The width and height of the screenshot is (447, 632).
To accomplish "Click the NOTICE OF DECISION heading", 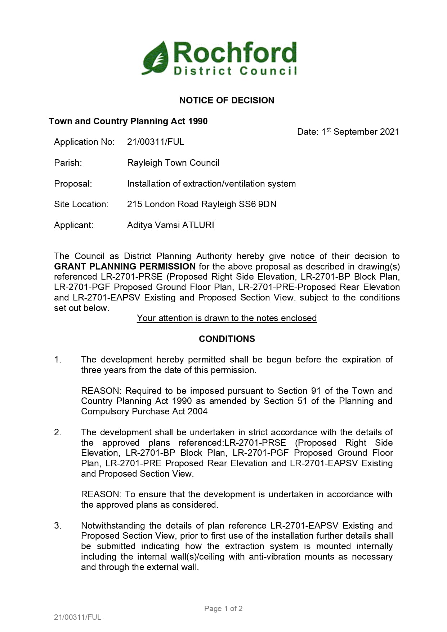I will [227, 100].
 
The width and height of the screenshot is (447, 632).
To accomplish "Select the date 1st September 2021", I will [348, 132].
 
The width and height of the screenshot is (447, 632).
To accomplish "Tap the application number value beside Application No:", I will [156, 142].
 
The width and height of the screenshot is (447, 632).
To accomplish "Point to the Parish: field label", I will [68, 163].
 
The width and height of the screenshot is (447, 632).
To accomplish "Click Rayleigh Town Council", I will [173, 163].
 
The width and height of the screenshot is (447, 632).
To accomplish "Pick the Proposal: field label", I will [73, 184].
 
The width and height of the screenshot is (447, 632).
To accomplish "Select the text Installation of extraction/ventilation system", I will [211, 184].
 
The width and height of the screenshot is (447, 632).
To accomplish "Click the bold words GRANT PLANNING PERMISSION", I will [125, 267].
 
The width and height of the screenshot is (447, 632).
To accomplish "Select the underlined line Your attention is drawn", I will [227, 318].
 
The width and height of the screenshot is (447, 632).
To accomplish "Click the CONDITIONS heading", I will [227, 339].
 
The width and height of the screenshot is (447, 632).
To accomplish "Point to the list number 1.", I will [58, 360].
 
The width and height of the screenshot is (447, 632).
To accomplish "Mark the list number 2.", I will [58, 432].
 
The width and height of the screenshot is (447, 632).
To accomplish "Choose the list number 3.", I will [58, 526].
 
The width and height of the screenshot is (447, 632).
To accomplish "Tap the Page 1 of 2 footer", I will [223, 609].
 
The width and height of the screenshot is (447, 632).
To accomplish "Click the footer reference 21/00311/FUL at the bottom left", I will [78, 617].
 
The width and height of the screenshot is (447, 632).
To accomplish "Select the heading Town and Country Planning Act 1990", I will [128, 121].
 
